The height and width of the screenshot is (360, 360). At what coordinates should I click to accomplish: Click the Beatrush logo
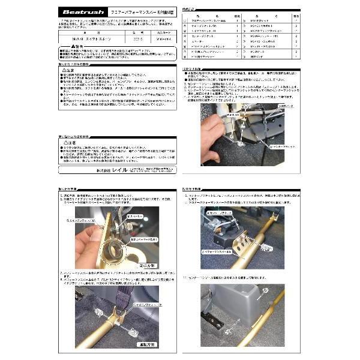pos(84,12)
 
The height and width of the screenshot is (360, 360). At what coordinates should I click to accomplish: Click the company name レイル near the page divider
pos(112,172)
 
